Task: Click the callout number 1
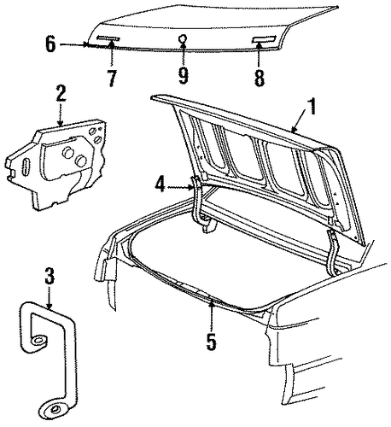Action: [312, 106]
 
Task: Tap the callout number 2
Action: [61, 93]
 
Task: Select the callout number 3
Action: [50, 276]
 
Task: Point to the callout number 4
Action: [160, 184]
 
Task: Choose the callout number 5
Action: [211, 342]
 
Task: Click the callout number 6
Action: [50, 44]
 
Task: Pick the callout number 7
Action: [112, 78]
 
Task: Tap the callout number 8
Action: [260, 78]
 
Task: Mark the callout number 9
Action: [184, 75]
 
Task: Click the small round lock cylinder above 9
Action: [183, 38]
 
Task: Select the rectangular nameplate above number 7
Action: [108, 38]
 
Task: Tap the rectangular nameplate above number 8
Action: [264, 39]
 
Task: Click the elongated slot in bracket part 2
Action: [25, 166]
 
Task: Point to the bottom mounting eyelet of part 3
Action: [53, 410]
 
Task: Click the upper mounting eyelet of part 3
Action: [37, 340]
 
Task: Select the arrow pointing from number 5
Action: [211, 316]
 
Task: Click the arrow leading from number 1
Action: [301, 121]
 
